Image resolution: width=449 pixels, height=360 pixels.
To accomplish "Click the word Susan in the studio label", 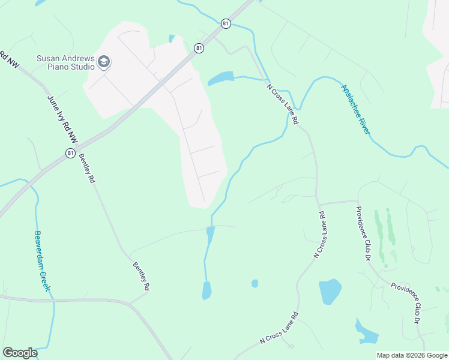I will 48,58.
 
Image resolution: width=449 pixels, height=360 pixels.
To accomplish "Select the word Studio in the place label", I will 82,67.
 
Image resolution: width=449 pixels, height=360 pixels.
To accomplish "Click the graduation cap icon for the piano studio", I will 104,62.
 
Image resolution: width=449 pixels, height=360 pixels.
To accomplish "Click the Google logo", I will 20,353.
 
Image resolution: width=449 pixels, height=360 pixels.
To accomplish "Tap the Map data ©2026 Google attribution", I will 412,355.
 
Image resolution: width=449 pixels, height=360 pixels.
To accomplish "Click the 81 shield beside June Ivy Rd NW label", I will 71,154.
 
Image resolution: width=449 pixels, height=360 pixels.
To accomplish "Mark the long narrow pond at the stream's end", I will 206,290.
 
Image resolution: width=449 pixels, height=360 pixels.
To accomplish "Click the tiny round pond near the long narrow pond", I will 255,283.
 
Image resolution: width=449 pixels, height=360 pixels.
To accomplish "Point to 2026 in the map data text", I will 416,355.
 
